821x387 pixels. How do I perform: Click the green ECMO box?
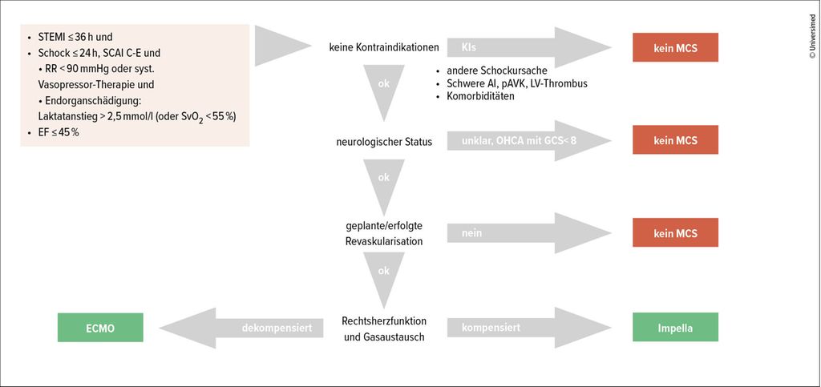100,328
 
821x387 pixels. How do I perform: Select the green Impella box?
675,328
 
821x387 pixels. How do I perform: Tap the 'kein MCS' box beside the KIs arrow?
675,47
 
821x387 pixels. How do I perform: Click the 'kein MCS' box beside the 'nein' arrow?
675,232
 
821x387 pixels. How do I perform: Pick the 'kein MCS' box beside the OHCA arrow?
675,139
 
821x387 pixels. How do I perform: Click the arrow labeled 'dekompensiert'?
241,328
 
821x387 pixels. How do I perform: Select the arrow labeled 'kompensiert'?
529,328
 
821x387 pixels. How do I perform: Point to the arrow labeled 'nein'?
529,233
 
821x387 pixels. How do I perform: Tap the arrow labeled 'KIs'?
529,47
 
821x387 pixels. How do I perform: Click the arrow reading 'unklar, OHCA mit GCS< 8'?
529,141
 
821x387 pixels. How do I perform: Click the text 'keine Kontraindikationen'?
384,47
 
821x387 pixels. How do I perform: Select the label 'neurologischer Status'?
384,142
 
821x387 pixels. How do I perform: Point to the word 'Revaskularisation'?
384,242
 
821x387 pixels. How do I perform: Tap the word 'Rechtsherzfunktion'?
384,320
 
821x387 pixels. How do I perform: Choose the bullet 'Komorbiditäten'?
475,96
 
